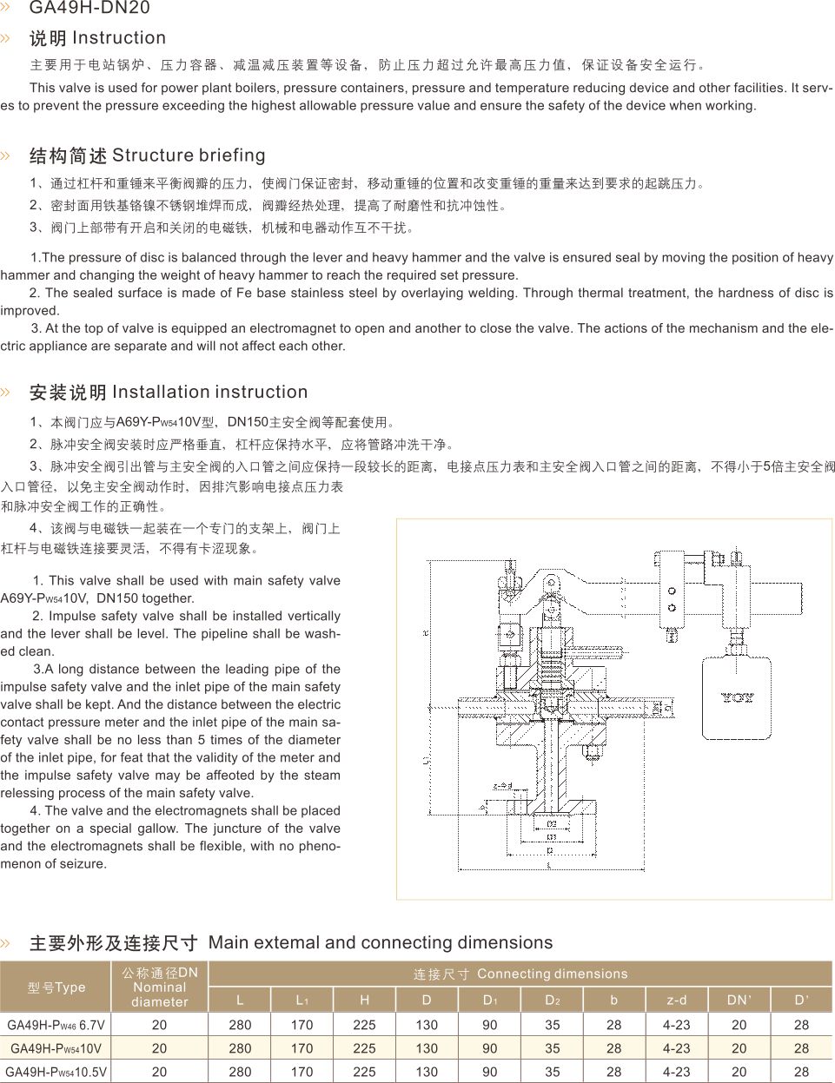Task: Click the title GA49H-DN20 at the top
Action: pyautogui.click(x=89, y=9)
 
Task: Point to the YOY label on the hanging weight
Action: pyautogui.click(x=737, y=697)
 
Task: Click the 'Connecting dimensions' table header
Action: pyautogui.click(x=520, y=974)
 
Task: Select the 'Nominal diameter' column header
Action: pyautogui.click(x=160, y=987)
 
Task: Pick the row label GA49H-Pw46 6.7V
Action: pyautogui.click(x=56, y=1025)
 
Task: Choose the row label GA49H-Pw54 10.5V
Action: pyautogui.click(x=56, y=1072)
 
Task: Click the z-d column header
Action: pyautogui.click(x=676, y=1000)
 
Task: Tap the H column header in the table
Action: pyautogui.click(x=365, y=1000)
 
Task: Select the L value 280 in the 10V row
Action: pyautogui.click(x=241, y=1048)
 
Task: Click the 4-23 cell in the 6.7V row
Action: pyautogui.click(x=676, y=1025)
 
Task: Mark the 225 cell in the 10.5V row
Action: pyautogui.click(x=365, y=1072)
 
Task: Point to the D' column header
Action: pyautogui.click(x=801, y=1000)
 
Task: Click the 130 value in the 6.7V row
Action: pyautogui.click(x=427, y=1025)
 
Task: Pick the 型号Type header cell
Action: pyautogui.click(x=56, y=987)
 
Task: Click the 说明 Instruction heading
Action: pyautogui.click(x=97, y=38)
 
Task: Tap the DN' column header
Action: pyautogui.click(x=739, y=1000)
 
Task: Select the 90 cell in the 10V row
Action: pyautogui.click(x=490, y=1048)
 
